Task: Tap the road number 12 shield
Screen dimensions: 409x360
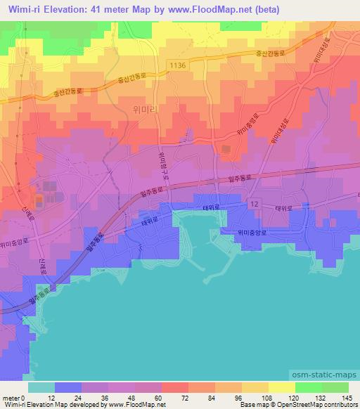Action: click(x=255, y=203)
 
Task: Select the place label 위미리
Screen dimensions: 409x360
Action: click(x=163, y=109)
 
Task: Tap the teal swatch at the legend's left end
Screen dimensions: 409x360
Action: click(x=41, y=387)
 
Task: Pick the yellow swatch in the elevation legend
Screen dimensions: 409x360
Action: click(x=281, y=387)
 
